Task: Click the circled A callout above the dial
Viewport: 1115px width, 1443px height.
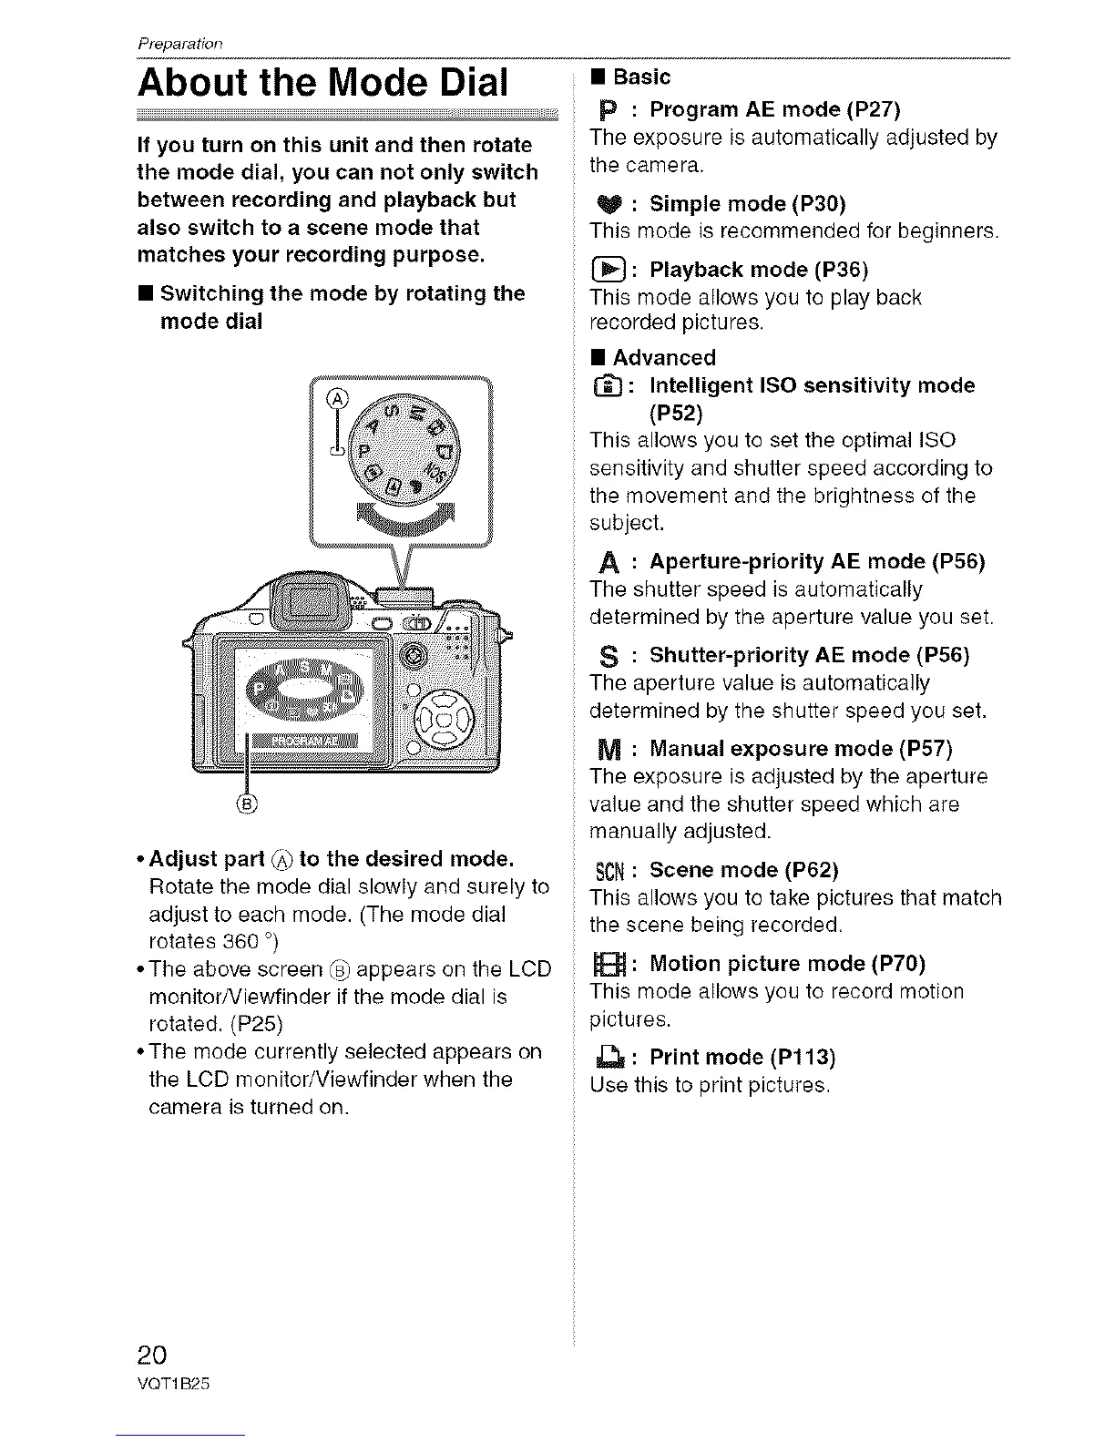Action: click(338, 398)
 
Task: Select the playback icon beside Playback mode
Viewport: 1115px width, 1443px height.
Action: click(605, 270)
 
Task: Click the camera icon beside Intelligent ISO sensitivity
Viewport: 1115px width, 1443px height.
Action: click(605, 387)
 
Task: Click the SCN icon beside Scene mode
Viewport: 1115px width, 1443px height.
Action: click(607, 871)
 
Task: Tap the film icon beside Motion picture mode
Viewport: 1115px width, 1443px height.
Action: click(605, 965)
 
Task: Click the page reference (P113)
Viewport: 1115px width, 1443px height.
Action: click(802, 1057)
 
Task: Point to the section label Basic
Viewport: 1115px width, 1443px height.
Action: click(641, 77)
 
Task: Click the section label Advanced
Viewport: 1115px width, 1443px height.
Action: click(663, 357)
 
